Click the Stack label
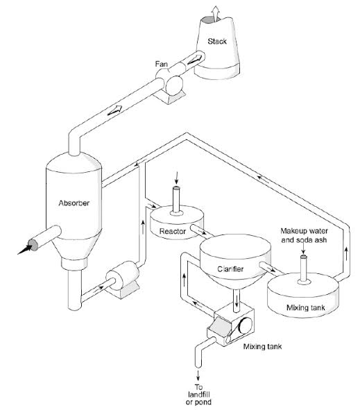click(217, 42)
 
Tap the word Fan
click(162, 64)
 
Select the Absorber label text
click(74, 203)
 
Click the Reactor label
click(173, 232)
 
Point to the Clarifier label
click(230, 269)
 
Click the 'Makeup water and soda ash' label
click(304, 236)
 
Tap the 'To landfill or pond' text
click(198, 395)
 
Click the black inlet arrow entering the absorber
click(25, 249)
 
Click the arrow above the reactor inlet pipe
click(177, 178)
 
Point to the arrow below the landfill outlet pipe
click(198, 375)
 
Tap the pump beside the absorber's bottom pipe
click(122, 280)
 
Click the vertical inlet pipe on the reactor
click(176, 200)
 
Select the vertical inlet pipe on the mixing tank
click(303, 268)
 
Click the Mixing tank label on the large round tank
click(306, 308)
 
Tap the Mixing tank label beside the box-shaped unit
click(262, 347)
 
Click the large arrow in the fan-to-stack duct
click(195, 60)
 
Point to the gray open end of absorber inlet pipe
click(33, 245)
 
